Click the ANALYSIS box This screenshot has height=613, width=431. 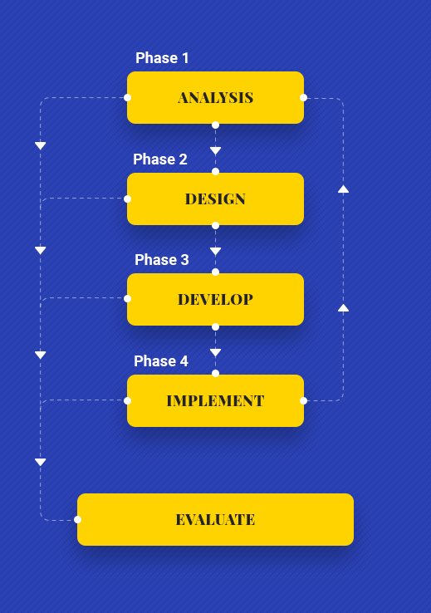point(215,97)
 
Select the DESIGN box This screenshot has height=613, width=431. point(215,199)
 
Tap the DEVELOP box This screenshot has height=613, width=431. point(215,299)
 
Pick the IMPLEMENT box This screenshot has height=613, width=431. point(215,400)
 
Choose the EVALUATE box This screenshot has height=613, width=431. point(215,519)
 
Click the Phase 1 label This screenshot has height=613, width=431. point(162,58)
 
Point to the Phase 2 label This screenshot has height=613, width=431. point(159,159)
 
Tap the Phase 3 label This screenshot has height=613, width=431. point(161,260)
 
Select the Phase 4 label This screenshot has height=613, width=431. point(160,360)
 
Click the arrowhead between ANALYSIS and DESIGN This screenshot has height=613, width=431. point(215,150)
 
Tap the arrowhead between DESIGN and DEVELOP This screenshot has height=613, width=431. point(215,251)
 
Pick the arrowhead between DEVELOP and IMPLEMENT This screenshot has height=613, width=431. point(215,352)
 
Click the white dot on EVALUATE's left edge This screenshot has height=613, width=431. point(77,520)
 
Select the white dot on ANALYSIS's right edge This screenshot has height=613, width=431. point(304,98)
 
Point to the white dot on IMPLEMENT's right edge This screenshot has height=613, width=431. point(304,400)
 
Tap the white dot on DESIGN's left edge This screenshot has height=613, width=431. point(127,199)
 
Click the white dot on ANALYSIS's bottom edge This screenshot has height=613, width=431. point(215,125)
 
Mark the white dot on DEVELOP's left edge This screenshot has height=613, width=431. point(127,299)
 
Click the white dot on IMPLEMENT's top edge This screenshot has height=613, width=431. point(215,373)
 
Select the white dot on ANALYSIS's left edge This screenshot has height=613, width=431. point(127,98)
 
